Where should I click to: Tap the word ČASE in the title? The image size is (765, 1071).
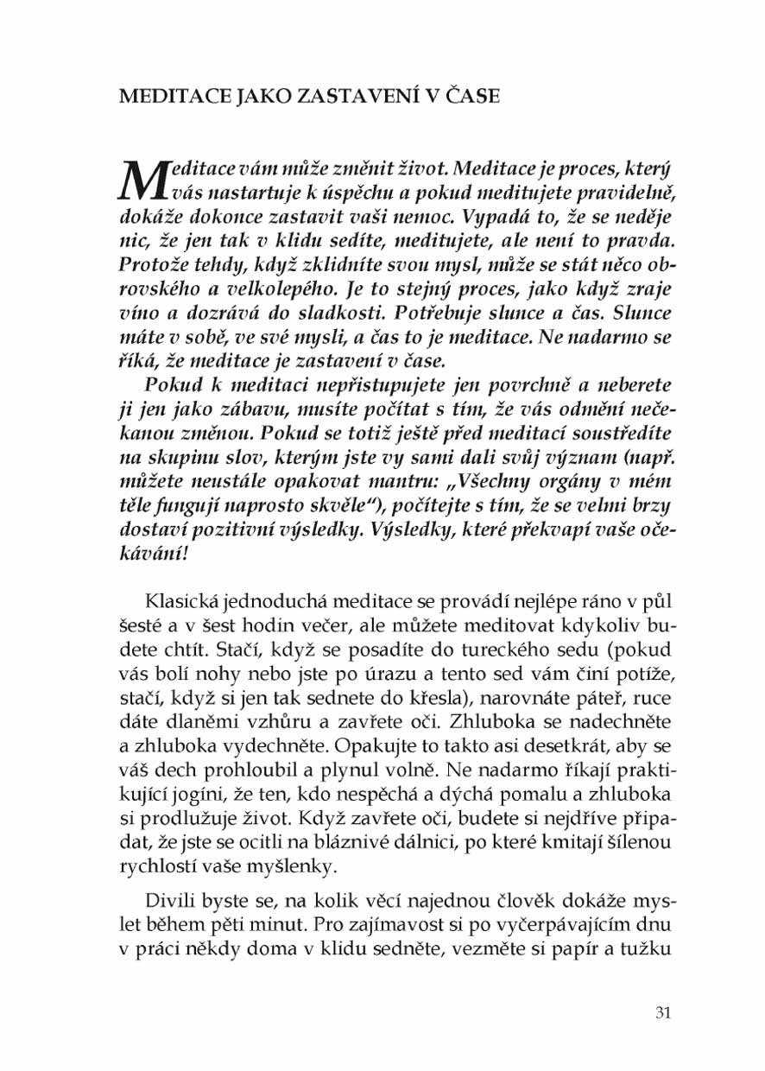coord(468,97)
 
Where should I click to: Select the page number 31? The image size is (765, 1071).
coord(663,1013)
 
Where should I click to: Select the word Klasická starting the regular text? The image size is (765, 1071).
coord(188,601)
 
